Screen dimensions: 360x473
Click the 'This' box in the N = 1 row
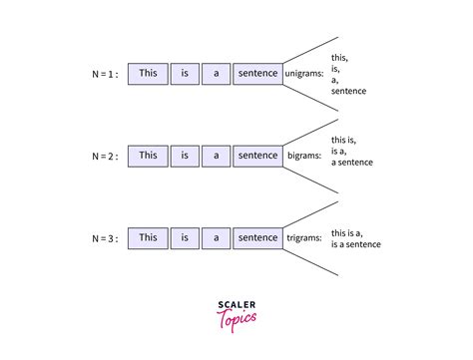[x=148, y=73]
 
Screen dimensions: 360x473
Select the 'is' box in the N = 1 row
[x=184, y=73]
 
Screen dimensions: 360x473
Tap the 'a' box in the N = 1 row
[x=216, y=73]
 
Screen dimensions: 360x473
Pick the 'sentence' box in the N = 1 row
[x=257, y=73]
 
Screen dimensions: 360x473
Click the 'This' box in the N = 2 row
[x=148, y=155]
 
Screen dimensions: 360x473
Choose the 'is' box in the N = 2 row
[x=184, y=155]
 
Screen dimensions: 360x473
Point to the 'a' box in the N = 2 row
[x=216, y=155]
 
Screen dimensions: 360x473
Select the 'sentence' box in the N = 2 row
[x=257, y=155]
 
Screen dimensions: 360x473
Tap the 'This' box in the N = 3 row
[x=148, y=237]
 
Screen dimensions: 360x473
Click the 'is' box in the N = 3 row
[x=184, y=237]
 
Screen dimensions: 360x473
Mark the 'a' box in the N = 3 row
[x=216, y=237]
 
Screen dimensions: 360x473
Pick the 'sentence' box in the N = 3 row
[x=257, y=237]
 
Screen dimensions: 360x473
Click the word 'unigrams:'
[x=304, y=74]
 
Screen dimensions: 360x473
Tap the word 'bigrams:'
[x=303, y=156]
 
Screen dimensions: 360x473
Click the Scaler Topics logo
[x=236, y=311]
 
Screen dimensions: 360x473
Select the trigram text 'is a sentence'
[x=362, y=245]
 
